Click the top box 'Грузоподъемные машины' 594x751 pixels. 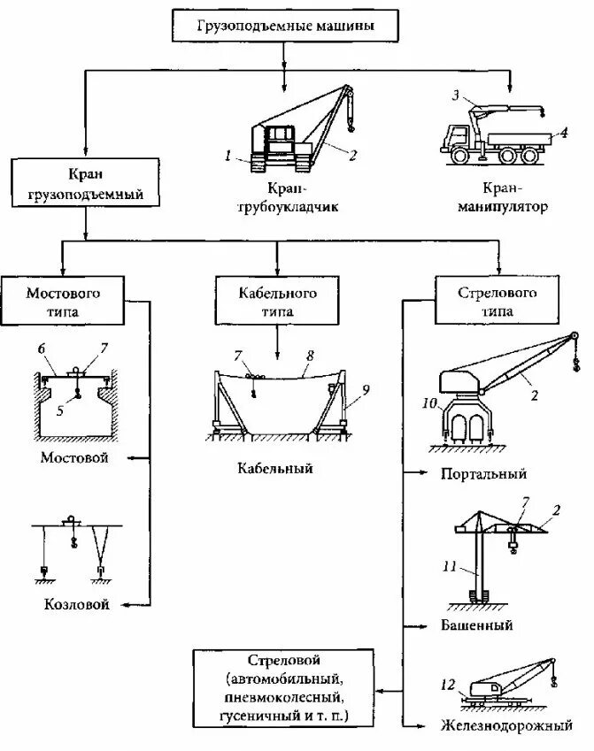tap(285, 26)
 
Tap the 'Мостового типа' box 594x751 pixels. tap(63, 302)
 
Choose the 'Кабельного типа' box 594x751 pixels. tap(277, 302)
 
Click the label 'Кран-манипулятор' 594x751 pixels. tap(503, 198)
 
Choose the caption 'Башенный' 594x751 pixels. tap(477, 625)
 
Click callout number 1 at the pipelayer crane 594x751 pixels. tap(228, 156)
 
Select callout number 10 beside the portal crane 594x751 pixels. tap(431, 404)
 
